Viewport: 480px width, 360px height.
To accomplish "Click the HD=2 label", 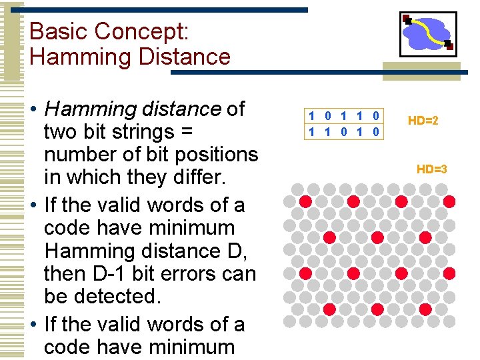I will [x=423, y=121].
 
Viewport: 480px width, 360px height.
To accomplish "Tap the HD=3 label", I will [x=431, y=169].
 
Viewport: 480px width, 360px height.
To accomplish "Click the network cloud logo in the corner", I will [x=427, y=33].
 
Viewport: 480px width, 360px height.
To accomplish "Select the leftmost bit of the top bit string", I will [x=311, y=116].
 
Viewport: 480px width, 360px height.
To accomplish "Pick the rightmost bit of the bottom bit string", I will [x=375, y=131].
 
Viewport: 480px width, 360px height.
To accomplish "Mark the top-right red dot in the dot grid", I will [x=449, y=201].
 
